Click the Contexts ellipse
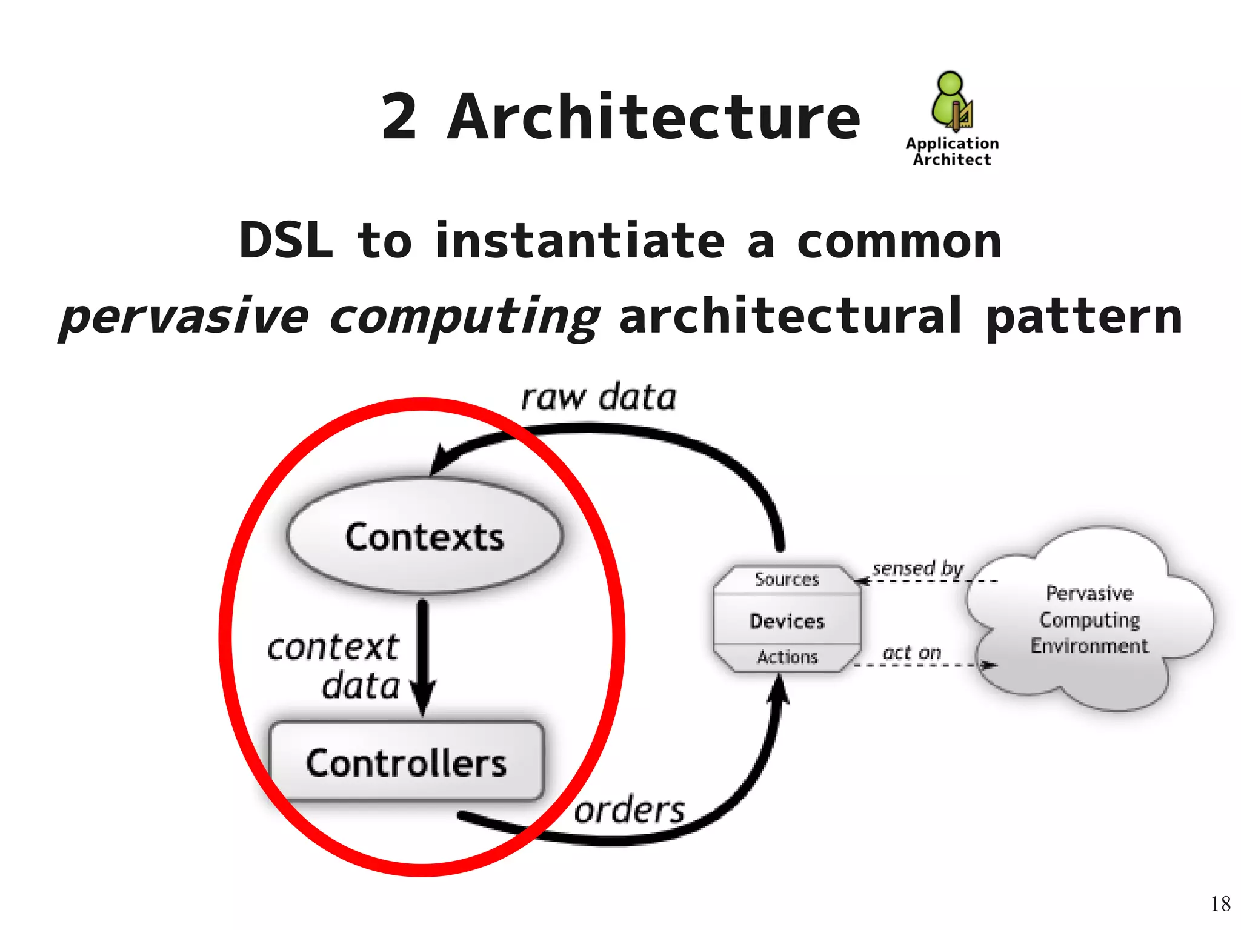coord(424,536)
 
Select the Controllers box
coord(406,762)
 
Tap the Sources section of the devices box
coord(787,579)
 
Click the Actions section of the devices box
coord(787,657)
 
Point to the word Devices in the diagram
coord(787,621)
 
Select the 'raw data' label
coord(599,398)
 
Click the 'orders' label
coord(629,810)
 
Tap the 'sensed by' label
coord(917,568)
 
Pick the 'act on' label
coord(912,653)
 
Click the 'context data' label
coord(334,666)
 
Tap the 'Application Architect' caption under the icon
coord(952,151)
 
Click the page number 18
coord(1220,904)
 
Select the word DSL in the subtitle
coord(286,241)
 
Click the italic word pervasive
coord(185,317)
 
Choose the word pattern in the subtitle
coord(1084,317)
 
